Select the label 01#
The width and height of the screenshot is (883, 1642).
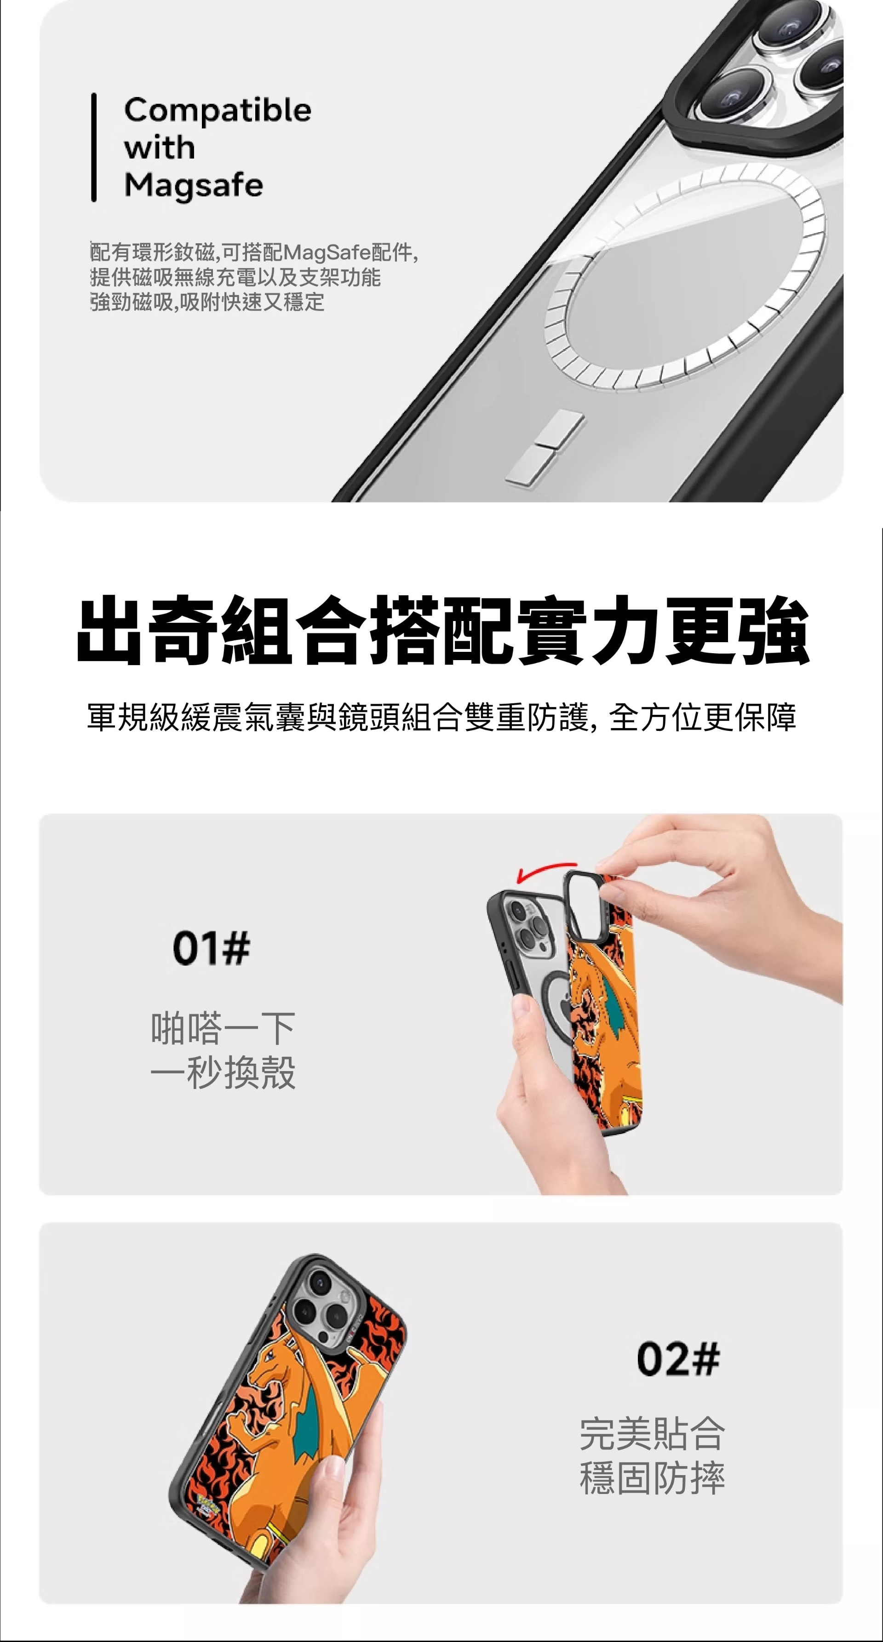(x=212, y=948)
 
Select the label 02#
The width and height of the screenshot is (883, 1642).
(x=678, y=1358)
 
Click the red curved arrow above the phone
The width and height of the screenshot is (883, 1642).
(x=546, y=872)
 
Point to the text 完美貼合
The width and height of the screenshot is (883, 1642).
(x=652, y=1434)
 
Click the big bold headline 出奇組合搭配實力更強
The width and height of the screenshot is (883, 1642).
(x=442, y=630)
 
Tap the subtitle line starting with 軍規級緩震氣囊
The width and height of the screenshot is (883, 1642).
(x=442, y=717)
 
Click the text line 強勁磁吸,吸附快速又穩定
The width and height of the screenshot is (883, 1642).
(x=207, y=302)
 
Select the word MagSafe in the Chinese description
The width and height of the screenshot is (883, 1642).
(x=327, y=253)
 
